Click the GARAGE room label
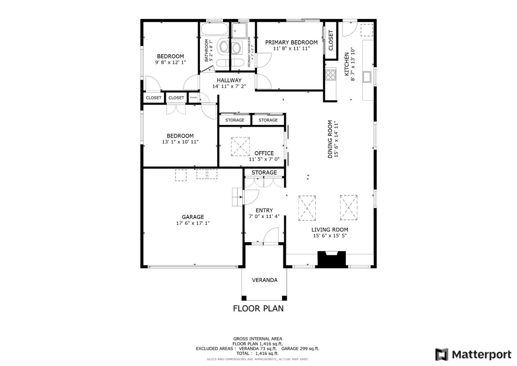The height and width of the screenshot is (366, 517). (x=193, y=217)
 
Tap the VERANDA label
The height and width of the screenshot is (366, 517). (x=265, y=280)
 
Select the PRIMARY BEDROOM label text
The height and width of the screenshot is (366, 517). (x=291, y=42)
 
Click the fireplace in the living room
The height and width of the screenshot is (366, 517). (x=332, y=259)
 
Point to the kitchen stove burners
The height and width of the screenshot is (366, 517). (x=330, y=75)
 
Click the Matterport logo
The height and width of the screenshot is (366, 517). (x=473, y=354)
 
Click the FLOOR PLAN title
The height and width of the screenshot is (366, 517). (x=258, y=308)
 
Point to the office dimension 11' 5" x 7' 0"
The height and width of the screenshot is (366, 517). (x=264, y=159)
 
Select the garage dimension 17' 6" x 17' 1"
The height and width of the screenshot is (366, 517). (x=193, y=223)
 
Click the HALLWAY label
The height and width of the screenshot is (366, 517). (x=229, y=80)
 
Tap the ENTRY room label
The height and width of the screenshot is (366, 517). (x=264, y=210)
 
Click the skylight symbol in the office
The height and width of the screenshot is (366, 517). (x=240, y=147)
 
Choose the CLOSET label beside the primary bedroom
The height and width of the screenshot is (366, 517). (x=331, y=40)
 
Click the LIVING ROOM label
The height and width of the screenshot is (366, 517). (x=330, y=230)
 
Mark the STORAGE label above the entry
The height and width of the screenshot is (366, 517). (x=264, y=173)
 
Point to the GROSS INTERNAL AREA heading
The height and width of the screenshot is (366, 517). (x=257, y=339)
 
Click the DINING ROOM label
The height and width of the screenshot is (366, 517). (x=330, y=139)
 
